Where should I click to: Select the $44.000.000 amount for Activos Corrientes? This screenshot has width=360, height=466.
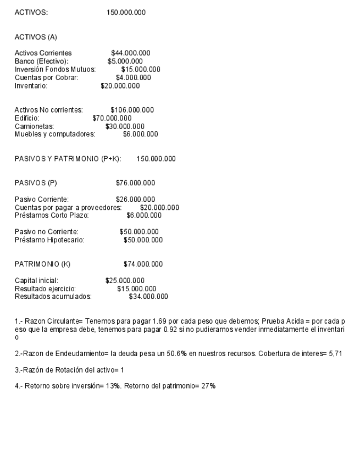click(131, 53)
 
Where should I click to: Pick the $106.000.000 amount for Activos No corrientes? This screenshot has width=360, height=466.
click(132, 110)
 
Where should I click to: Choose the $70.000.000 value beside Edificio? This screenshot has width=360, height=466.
click(112, 118)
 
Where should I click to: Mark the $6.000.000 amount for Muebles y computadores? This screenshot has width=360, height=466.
click(140, 134)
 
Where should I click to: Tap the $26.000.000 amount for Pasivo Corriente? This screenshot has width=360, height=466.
click(135, 199)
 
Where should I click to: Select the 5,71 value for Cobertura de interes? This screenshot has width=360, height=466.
click(333, 353)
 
